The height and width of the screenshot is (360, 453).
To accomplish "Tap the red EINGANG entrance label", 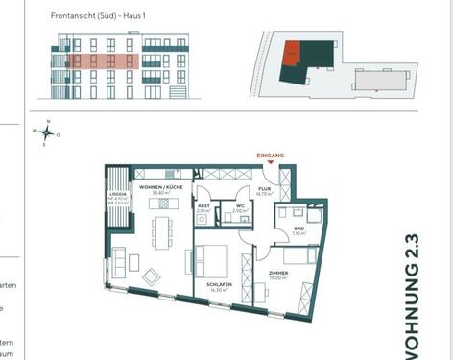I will click(x=272, y=155).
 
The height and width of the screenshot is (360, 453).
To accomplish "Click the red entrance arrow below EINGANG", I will click(x=272, y=162).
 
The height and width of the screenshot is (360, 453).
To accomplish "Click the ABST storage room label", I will click(x=203, y=205).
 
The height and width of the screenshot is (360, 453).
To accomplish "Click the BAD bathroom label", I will click(x=298, y=228).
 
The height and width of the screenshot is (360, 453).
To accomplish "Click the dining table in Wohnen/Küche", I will click(x=162, y=230).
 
